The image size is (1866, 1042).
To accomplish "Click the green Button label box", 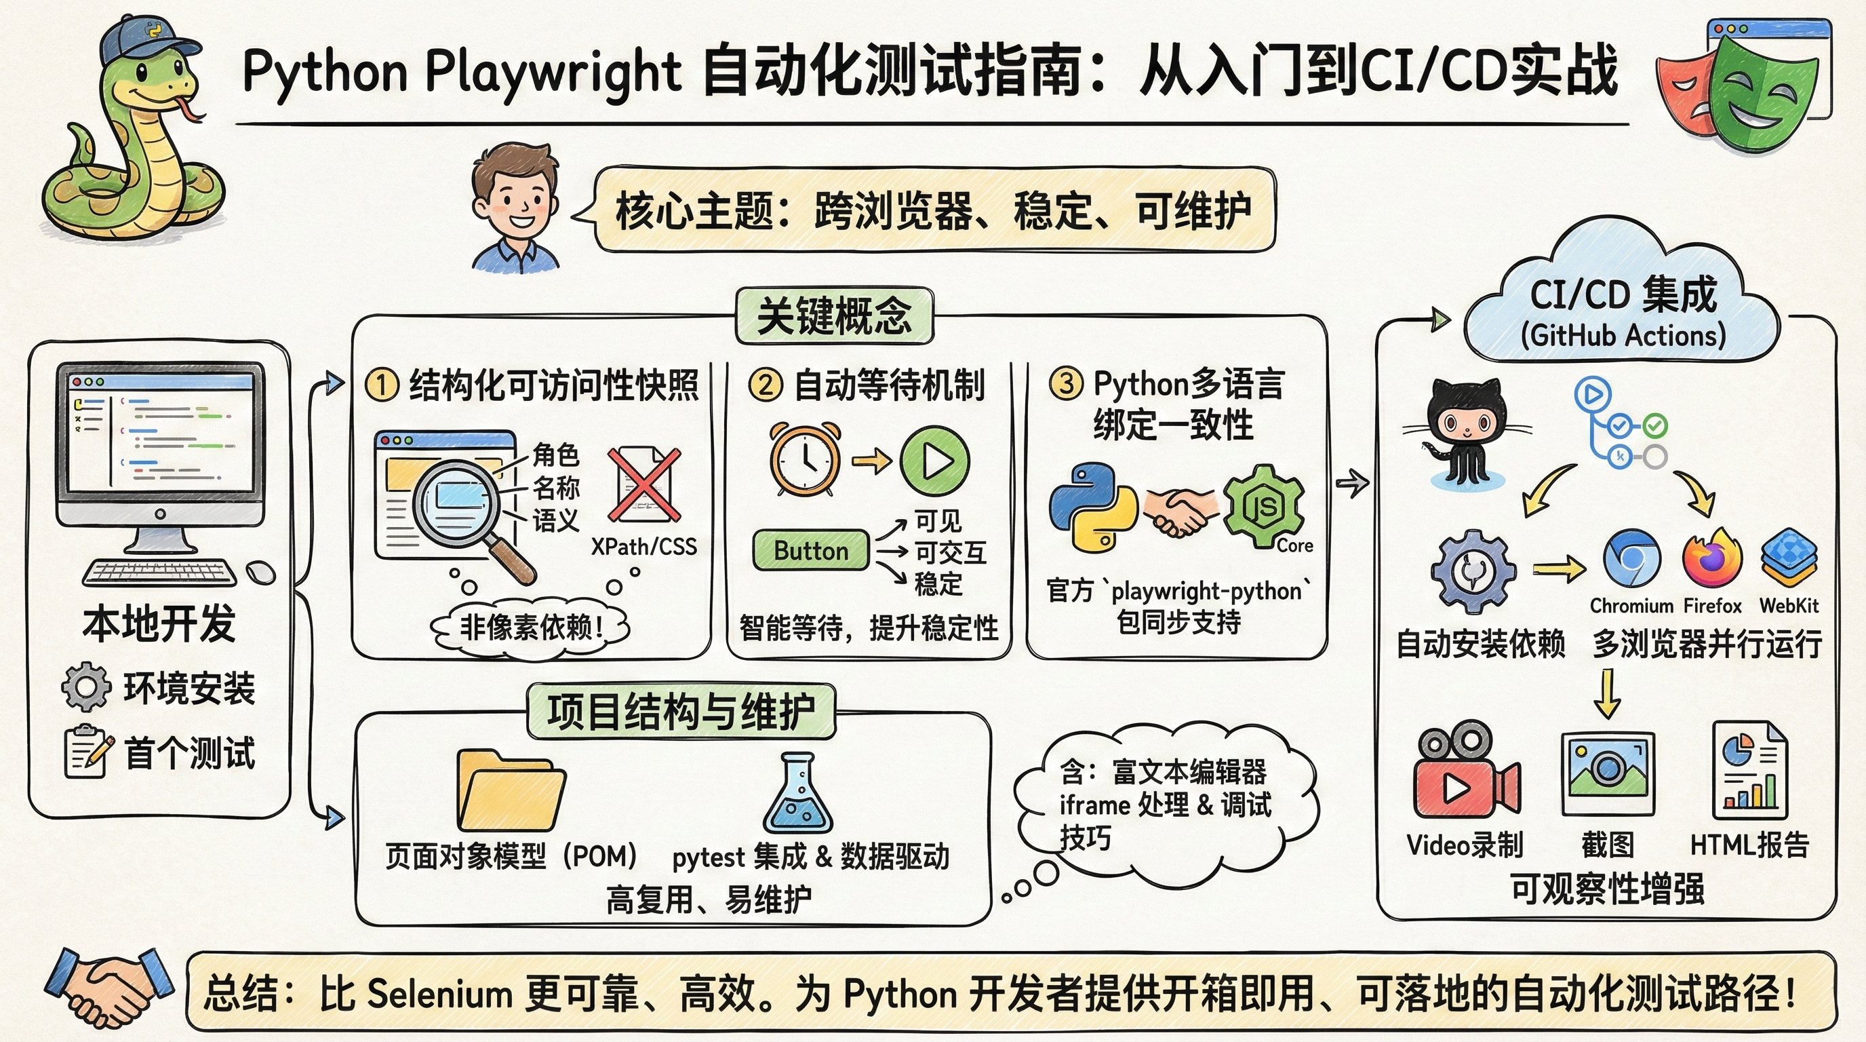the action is pos(810,551).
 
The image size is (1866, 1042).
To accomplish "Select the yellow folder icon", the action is pos(511,791).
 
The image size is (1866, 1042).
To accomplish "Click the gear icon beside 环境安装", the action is pos(86,687).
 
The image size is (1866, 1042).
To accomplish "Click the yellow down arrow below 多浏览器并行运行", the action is pos(1607,693).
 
